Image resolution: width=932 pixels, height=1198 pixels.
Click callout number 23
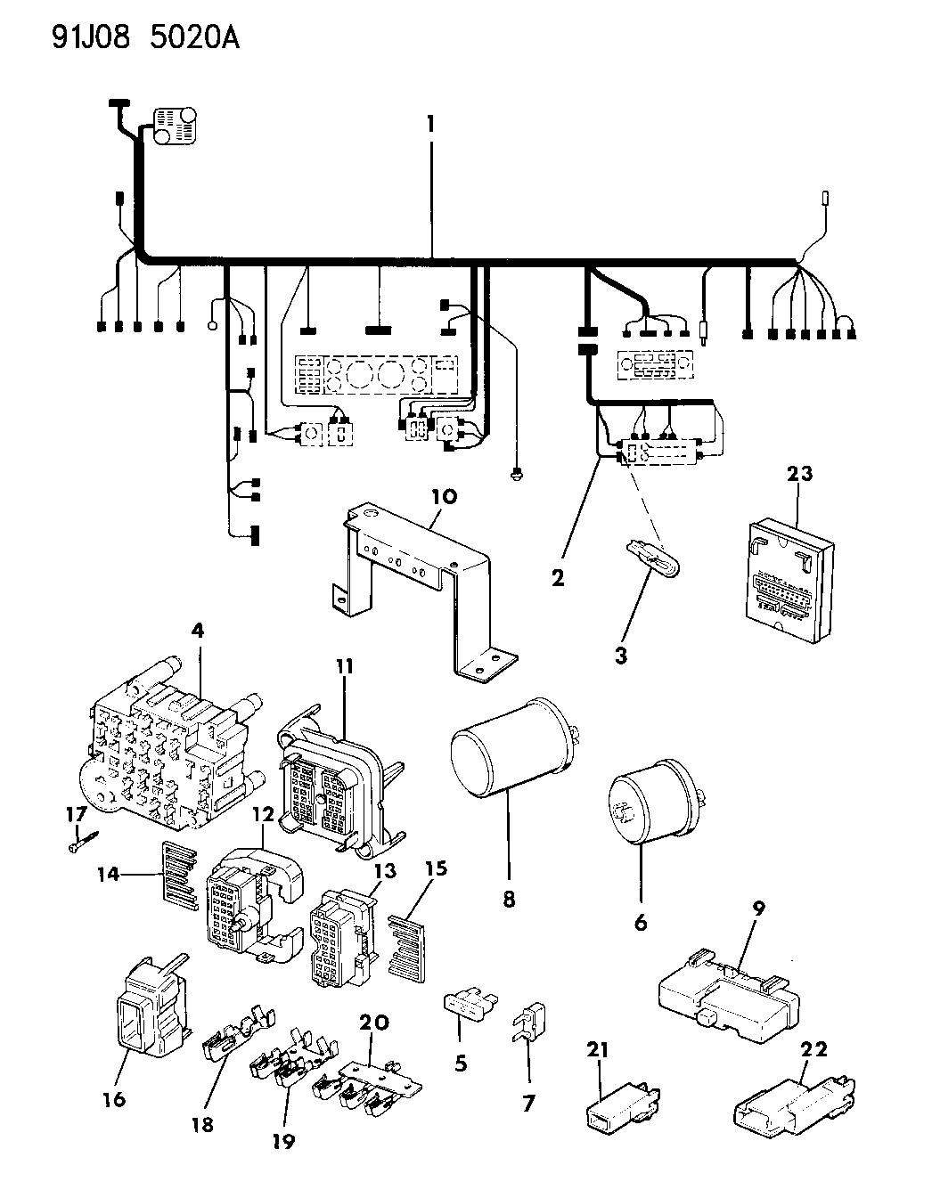pos(799,473)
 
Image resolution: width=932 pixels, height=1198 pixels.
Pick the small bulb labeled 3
pos(654,565)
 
